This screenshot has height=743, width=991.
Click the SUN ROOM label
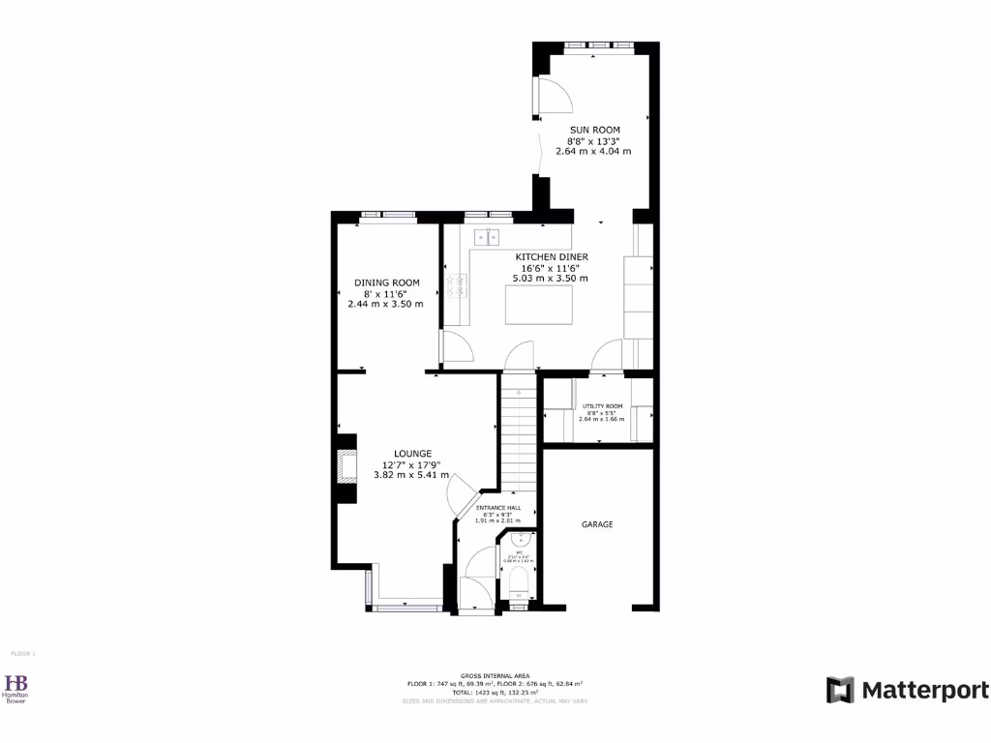(x=594, y=130)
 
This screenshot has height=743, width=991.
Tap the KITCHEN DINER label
(x=551, y=256)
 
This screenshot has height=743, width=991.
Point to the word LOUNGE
(x=412, y=453)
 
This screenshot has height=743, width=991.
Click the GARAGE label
(x=597, y=524)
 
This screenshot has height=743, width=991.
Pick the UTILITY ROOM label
(x=602, y=406)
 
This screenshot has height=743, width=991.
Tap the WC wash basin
(x=520, y=541)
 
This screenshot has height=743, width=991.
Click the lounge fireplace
(x=345, y=465)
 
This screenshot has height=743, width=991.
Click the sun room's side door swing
(x=554, y=98)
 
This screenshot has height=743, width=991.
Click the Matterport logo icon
(x=840, y=690)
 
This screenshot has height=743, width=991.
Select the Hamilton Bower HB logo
(x=16, y=683)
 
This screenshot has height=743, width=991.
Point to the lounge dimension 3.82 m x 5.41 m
(x=412, y=475)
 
